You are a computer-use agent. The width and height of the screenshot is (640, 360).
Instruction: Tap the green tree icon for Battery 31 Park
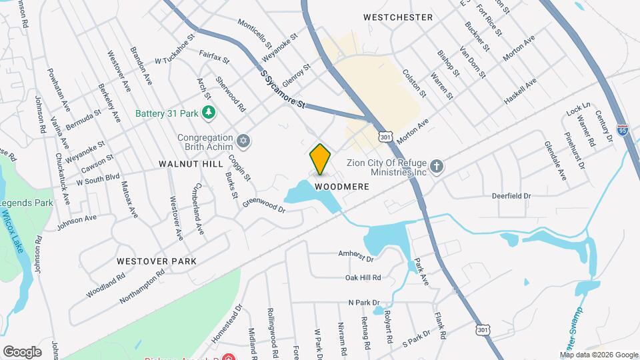point(209,113)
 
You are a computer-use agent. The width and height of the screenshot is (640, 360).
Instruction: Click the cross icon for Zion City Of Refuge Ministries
point(437,166)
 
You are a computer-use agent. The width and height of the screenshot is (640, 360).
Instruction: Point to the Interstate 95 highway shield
point(622,131)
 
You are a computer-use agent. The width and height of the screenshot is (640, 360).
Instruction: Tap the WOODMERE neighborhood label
point(342,187)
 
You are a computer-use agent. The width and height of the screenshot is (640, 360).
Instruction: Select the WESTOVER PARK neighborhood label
point(156,261)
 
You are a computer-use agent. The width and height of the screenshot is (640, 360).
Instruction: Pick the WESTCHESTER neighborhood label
point(398,17)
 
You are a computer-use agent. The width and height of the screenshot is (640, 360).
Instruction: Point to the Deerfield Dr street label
point(511,196)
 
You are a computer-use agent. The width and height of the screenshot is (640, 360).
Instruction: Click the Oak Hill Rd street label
point(363,277)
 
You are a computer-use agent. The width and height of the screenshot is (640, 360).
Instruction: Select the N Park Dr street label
point(364,302)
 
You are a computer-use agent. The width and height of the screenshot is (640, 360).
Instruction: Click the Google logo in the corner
point(22,351)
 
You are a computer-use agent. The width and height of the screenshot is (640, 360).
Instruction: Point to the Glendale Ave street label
point(555,161)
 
